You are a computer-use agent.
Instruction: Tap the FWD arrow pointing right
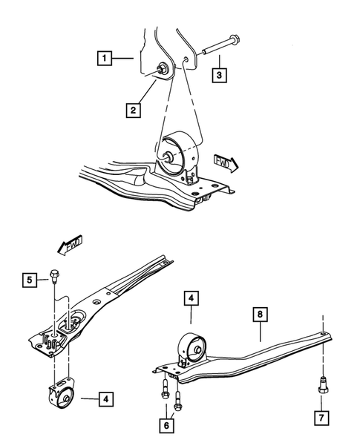225,162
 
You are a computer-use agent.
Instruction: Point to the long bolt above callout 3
215,47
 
